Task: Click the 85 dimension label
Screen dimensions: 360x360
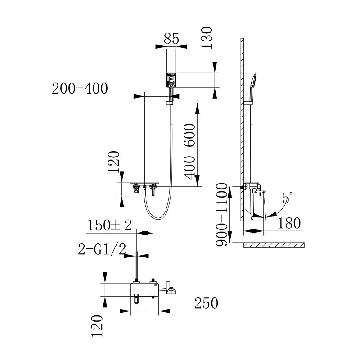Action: coord(171,39)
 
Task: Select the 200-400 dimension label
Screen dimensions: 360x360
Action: coord(80,89)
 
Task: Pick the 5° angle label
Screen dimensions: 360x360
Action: coord(287,198)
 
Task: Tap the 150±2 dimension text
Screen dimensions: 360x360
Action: coord(109,225)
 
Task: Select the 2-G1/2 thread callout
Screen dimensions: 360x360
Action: coord(100,249)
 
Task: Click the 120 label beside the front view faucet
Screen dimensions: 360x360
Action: coord(115,162)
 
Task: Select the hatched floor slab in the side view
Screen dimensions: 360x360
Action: coord(274,245)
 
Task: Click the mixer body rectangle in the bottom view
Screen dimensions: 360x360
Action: coord(144,289)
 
